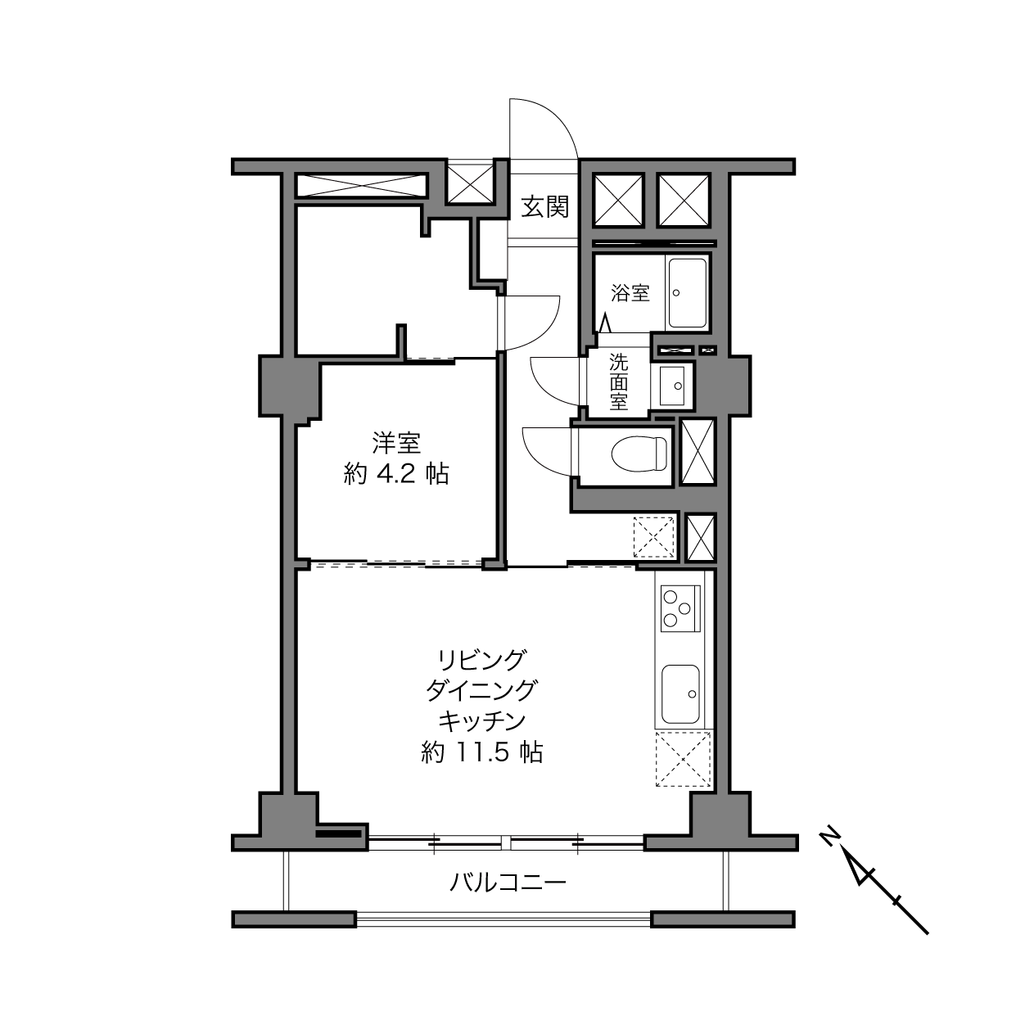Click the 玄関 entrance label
544,207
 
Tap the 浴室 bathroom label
630,293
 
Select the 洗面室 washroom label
618,382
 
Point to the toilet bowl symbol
639,454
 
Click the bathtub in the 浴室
687,292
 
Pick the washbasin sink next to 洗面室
672,385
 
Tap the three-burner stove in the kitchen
680,608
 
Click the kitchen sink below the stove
680,693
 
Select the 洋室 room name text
396,443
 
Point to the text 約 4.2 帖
396,473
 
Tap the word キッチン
482,721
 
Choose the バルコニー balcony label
508,883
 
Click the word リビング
482,660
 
